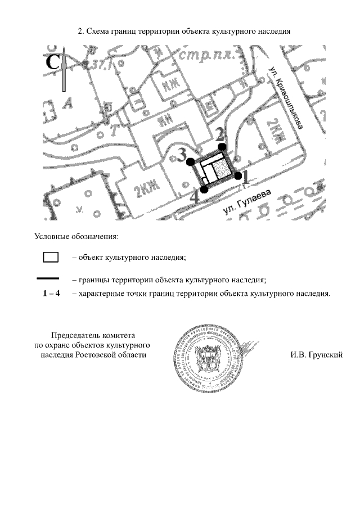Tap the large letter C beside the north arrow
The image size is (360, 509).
(x=52, y=62)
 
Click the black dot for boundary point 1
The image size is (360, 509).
(x=238, y=176)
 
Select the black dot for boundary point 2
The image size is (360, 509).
(x=223, y=147)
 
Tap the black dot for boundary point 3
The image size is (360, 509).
(x=191, y=161)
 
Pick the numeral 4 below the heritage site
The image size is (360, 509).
(x=194, y=197)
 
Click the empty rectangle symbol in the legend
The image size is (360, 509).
(x=51, y=258)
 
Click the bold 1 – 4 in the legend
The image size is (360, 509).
(x=51, y=293)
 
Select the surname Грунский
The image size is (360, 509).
(x=323, y=354)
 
